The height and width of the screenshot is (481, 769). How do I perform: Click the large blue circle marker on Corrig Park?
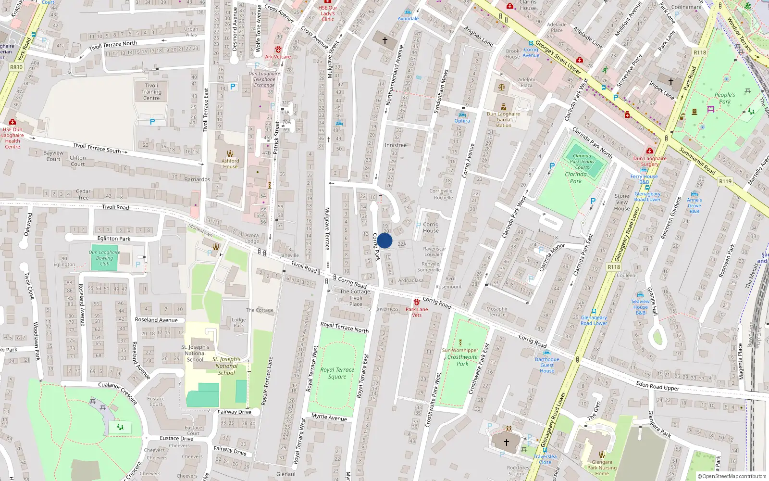(x=384, y=241)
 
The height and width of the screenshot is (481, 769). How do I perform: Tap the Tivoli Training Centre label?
(x=151, y=92)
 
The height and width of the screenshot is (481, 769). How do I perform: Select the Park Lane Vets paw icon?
(x=416, y=302)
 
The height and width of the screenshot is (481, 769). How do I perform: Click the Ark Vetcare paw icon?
(x=278, y=50)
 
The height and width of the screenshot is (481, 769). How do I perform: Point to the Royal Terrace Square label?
(x=337, y=373)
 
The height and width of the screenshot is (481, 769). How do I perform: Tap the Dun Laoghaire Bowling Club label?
(x=104, y=258)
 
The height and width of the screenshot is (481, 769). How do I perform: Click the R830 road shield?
(x=16, y=67)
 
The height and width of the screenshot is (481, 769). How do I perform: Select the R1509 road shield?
(x=725, y=181)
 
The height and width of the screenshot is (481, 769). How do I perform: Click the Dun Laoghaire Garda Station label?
(x=503, y=120)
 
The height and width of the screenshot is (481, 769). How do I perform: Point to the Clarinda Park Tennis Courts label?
(x=582, y=162)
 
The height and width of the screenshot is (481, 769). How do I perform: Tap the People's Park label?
(x=725, y=98)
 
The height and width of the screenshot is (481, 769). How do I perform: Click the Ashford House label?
(x=230, y=164)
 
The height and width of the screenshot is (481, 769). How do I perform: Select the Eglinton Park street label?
(x=114, y=239)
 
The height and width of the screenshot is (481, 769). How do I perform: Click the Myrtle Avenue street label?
(x=329, y=417)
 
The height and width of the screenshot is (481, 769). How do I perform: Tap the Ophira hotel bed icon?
(x=462, y=115)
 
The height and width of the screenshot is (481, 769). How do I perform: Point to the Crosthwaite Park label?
(x=462, y=360)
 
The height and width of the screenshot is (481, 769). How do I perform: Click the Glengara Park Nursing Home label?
(x=602, y=468)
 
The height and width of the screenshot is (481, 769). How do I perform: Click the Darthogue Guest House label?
(x=547, y=365)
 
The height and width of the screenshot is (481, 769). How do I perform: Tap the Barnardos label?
(x=197, y=179)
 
